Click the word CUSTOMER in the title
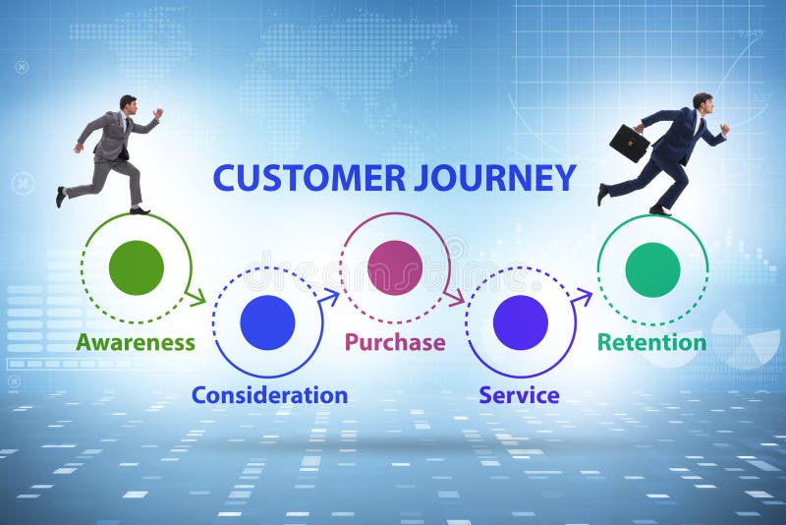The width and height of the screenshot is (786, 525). tap(309, 178)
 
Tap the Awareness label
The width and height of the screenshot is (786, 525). tap(136, 342)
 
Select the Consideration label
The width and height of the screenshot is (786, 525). tap(269, 395)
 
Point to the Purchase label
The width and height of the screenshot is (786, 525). tap(395, 342)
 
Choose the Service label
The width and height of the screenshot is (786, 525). tap(519, 395)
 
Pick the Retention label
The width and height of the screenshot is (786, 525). tap(651, 342)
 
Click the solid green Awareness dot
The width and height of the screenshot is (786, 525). tap(137, 267)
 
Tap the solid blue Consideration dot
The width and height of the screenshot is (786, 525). tap(267, 322)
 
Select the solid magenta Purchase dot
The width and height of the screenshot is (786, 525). tap(395, 267)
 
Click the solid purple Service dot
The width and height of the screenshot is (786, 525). tap(521, 322)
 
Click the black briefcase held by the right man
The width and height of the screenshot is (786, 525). tap(629, 144)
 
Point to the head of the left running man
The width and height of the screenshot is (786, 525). tap(129, 103)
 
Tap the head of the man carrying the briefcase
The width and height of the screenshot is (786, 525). tap(702, 102)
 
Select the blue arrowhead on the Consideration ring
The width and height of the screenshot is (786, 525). tap(331, 294)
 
